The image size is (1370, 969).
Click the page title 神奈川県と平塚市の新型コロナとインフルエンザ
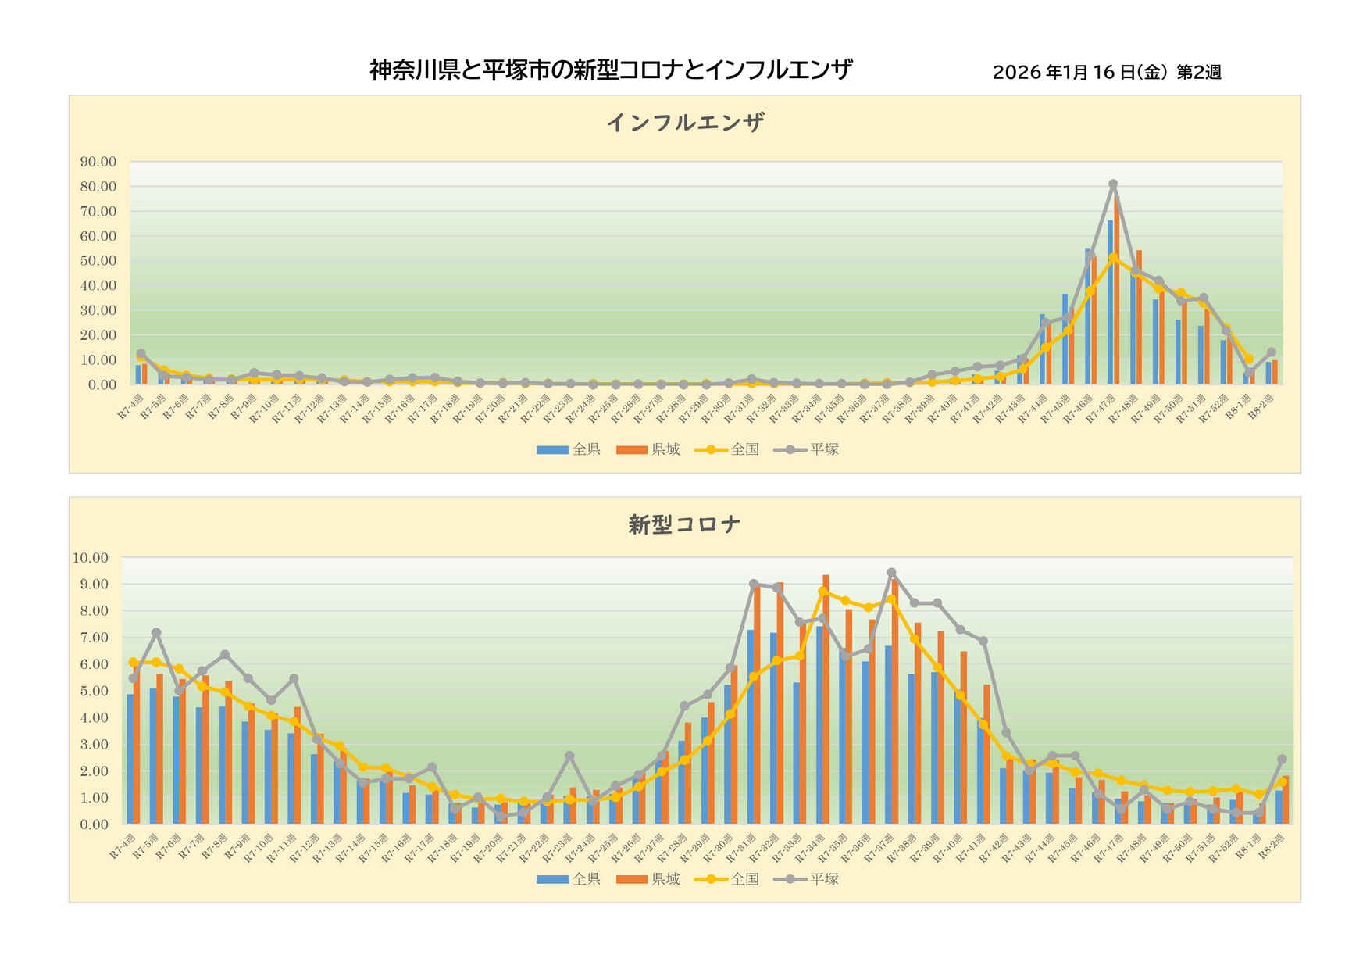click(x=611, y=70)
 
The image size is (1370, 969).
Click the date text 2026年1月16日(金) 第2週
click(x=1106, y=73)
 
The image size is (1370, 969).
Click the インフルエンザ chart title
click(x=685, y=123)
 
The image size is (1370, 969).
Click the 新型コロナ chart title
click(x=684, y=524)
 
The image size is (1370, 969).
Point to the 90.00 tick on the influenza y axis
click(x=98, y=162)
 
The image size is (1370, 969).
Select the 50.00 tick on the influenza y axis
click(x=98, y=261)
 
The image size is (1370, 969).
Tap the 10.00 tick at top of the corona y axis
click(x=90, y=558)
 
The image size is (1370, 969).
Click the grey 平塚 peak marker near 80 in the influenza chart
click(x=1113, y=184)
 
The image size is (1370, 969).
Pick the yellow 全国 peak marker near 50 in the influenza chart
click(x=1113, y=258)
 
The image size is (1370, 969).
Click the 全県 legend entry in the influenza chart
click(x=569, y=449)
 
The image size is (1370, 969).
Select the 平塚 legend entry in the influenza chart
click(x=808, y=449)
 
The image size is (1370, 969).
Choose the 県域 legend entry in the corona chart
click(x=649, y=879)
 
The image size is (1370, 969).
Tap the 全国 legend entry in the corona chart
click(x=728, y=879)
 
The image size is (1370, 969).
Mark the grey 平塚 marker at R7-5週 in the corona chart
click(x=156, y=632)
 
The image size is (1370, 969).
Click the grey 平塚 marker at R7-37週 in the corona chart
click(x=891, y=573)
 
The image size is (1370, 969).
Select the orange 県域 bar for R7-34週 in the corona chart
click(x=826, y=699)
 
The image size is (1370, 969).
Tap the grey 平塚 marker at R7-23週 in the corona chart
click(x=569, y=756)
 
